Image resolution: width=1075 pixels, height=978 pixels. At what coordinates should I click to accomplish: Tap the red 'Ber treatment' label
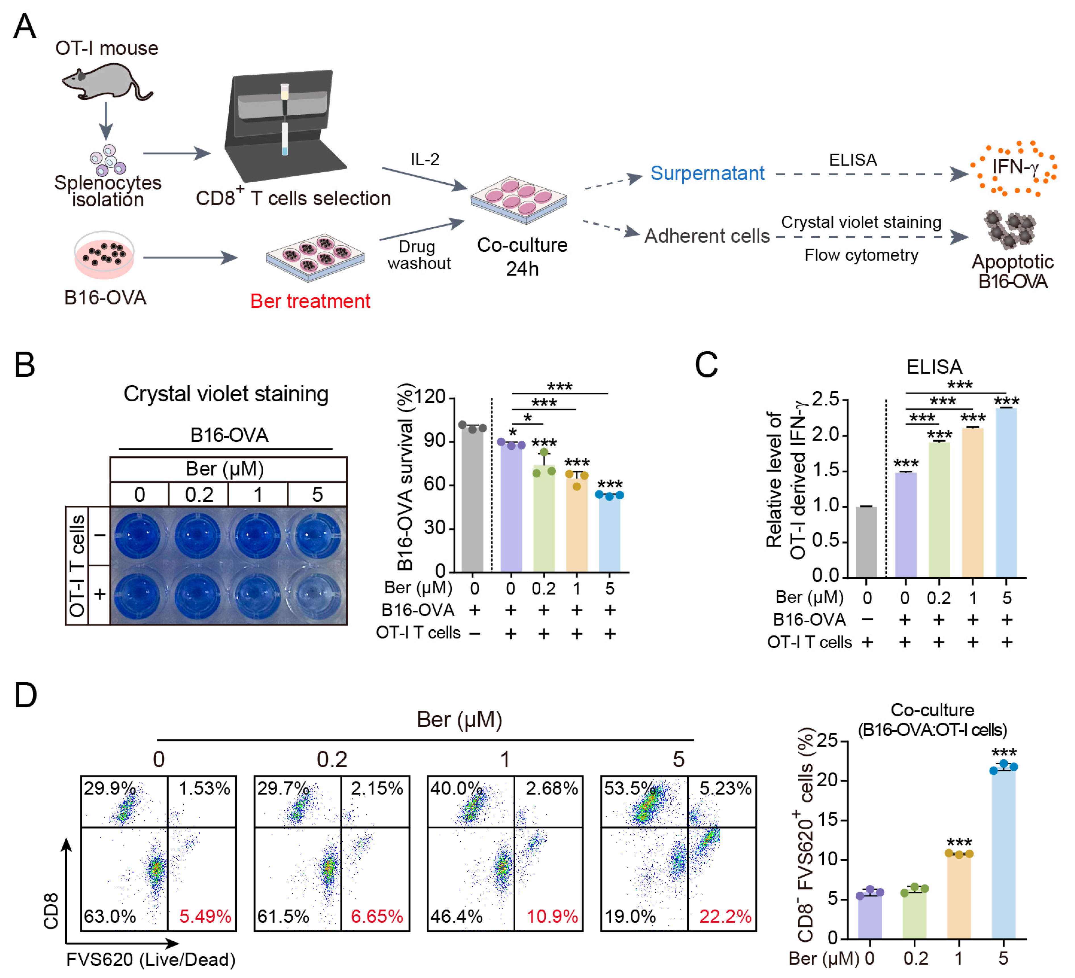310,301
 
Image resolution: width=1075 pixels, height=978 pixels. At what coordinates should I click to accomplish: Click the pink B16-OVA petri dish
104,255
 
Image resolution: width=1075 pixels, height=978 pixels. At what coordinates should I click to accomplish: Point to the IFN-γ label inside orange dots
1015,167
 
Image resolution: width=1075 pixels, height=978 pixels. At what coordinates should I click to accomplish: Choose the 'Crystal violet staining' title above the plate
226,394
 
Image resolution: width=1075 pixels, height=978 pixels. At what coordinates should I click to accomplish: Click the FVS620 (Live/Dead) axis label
151,959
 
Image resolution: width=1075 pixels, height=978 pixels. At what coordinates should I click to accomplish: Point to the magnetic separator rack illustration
283,125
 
